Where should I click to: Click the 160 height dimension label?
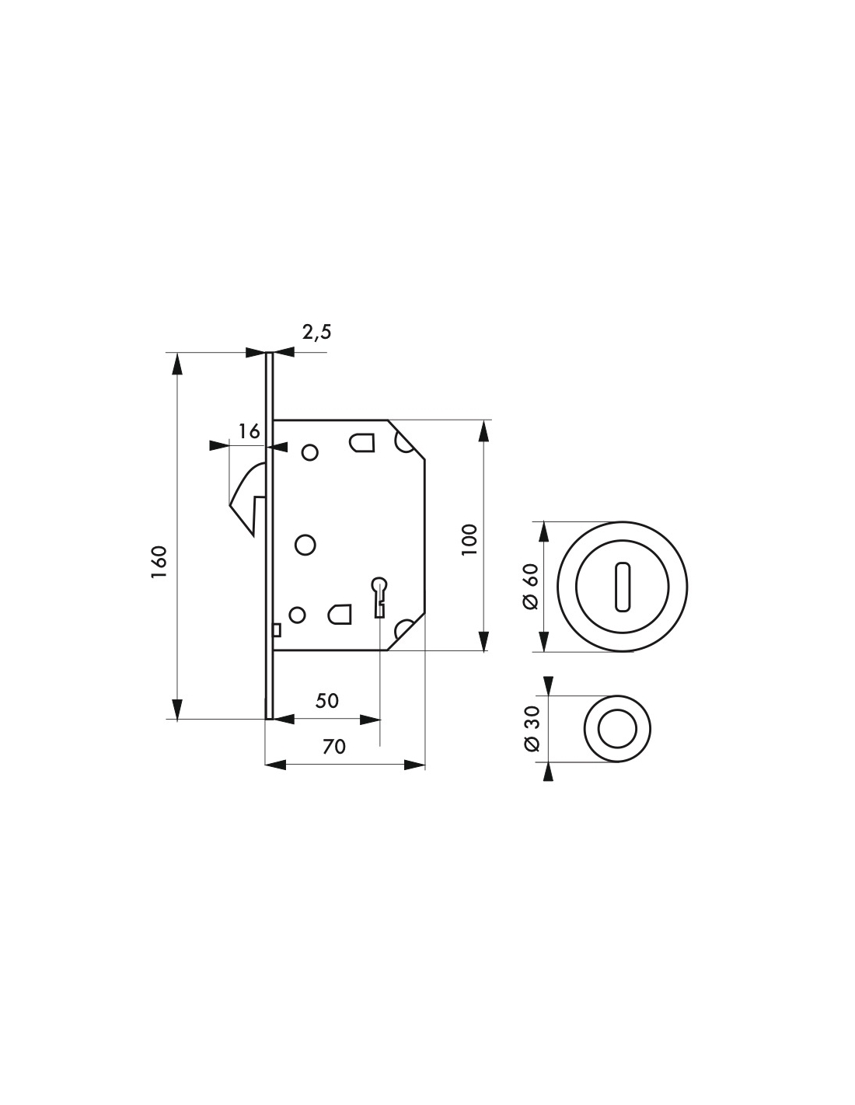coord(159,561)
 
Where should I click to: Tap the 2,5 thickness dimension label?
coord(316,332)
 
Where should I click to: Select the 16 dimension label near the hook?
coord(250,431)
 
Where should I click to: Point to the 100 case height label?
coord(470,539)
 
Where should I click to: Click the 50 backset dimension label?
coord(326,701)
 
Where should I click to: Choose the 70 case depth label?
coord(334,747)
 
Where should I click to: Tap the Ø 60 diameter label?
coord(530,586)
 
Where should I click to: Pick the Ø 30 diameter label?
coord(530,728)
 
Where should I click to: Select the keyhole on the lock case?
coord(379,597)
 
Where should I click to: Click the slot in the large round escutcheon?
coord(622,586)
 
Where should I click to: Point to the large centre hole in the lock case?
coord(305,545)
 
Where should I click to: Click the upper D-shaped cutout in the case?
coord(361,442)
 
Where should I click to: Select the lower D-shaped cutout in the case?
coord(339,614)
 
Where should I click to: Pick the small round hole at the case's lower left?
coord(297,615)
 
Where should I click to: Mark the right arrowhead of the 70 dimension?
coord(414,765)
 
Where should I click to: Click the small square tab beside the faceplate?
coord(277,630)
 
